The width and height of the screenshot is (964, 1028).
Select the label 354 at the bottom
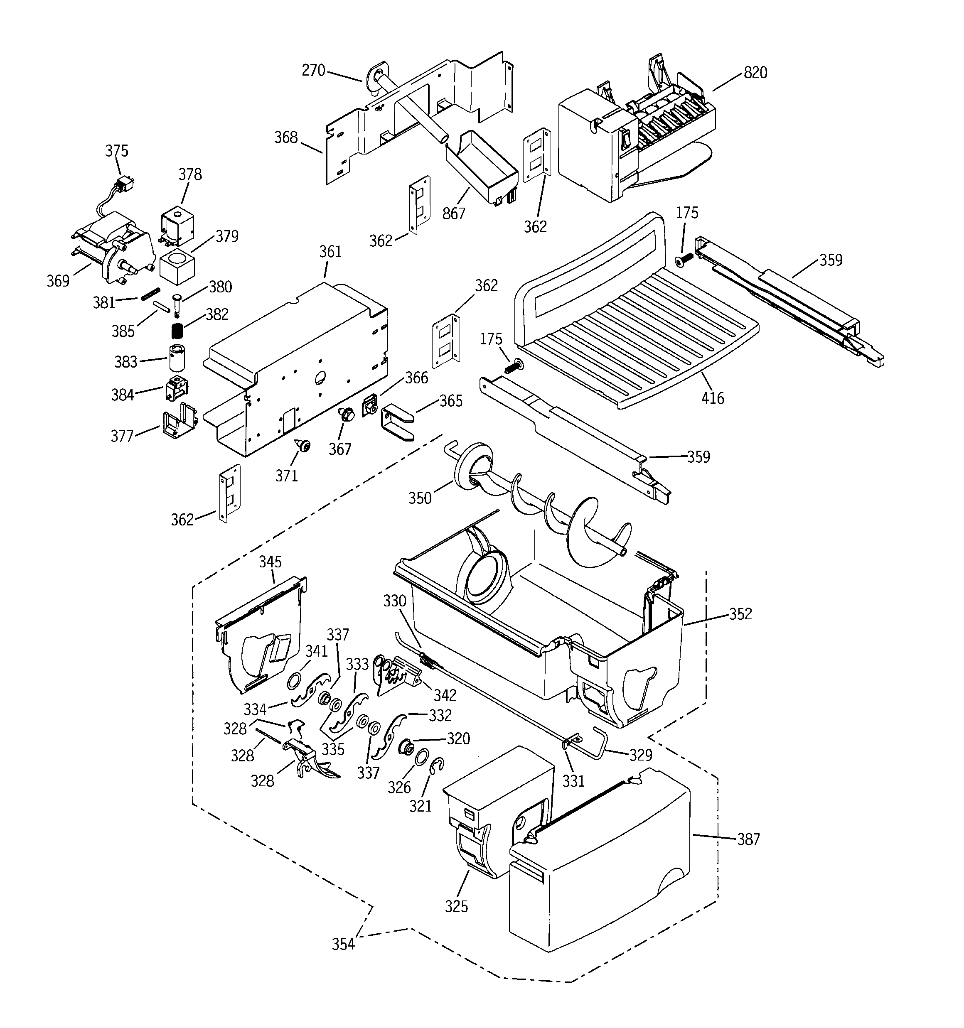343,944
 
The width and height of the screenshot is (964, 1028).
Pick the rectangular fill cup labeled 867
481,167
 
